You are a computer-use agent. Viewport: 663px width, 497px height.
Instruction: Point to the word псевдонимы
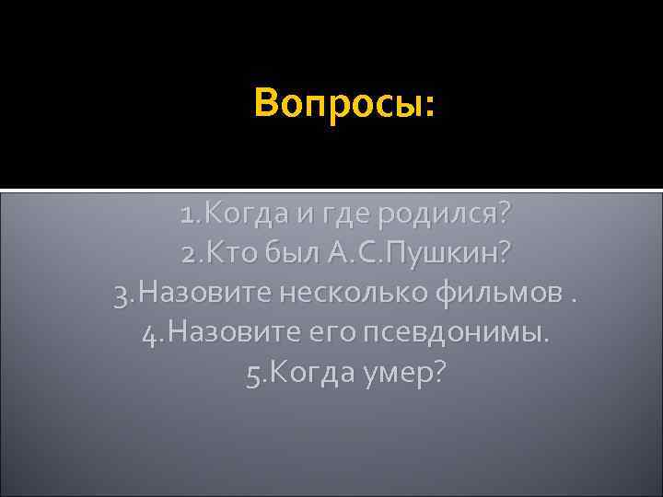(x=458, y=332)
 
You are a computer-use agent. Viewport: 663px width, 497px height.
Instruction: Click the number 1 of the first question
(x=188, y=216)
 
